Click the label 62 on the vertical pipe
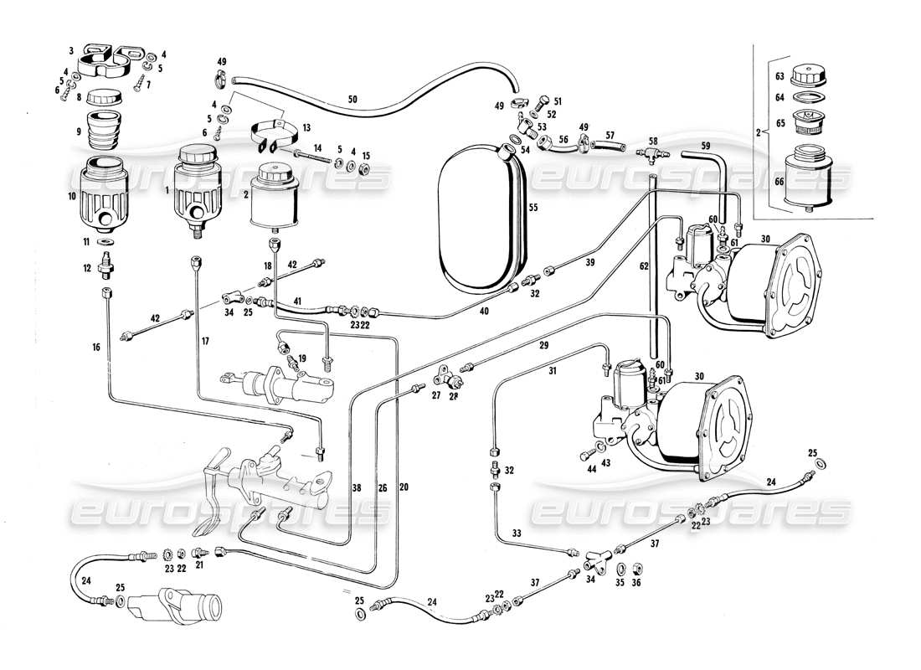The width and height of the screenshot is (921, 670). tap(643, 267)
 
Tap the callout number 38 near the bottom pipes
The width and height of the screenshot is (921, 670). tap(356, 487)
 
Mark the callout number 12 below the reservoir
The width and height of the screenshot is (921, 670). tap(88, 268)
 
